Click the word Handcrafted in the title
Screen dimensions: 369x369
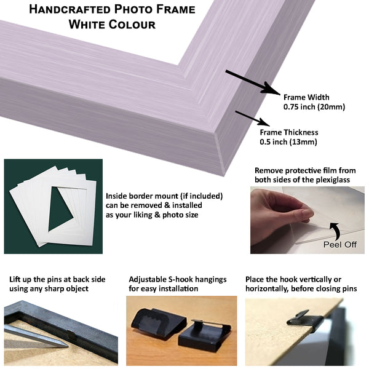(x=69, y=9)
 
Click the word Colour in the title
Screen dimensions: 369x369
(x=132, y=25)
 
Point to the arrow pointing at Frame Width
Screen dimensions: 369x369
(x=253, y=82)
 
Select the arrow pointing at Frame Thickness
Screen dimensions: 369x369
(x=253, y=118)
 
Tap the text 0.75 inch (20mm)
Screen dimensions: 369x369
(x=314, y=107)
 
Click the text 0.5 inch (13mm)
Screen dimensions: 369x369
(x=288, y=142)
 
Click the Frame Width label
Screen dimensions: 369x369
(x=306, y=97)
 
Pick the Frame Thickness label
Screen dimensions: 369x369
(x=289, y=132)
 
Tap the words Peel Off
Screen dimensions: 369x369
(x=340, y=245)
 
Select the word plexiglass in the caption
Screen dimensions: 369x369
(x=333, y=180)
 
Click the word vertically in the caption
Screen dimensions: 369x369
(x=311, y=279)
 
